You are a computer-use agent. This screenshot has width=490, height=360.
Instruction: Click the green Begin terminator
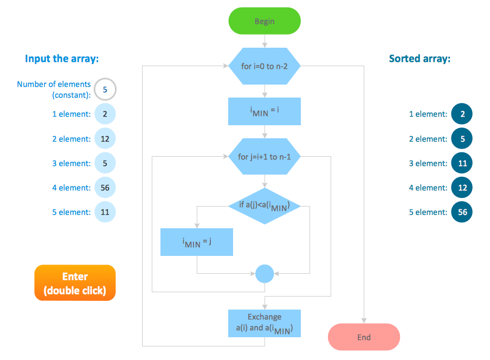[x=265, y=22]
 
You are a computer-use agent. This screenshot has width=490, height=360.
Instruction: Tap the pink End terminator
[x=364, y=337]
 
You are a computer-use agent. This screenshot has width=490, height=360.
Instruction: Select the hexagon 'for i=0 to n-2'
[x=265, y=67]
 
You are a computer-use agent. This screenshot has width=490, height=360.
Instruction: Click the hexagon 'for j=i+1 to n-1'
[x=265, y=157]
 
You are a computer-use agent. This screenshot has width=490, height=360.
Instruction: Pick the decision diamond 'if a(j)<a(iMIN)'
[x=265, y=205]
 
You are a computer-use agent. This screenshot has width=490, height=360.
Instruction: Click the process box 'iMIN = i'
[x=265, y=111]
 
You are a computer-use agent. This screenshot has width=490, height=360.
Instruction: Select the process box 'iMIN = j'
[x=197, y=242]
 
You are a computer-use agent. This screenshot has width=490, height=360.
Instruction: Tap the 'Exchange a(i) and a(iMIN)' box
[x=265, y=323]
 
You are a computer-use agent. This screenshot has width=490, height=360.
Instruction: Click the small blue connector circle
[x=265, y=273]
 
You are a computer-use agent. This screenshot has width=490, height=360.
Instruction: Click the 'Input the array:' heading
[x=62, y=59]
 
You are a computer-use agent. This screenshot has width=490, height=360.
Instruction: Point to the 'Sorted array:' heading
[x=420, y=59]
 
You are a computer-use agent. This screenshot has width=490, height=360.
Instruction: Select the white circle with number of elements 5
[x=105, y=89]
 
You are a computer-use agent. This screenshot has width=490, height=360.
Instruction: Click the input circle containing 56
[x=105, y=188]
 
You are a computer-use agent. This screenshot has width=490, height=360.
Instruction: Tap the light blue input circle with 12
[x=105, y=139]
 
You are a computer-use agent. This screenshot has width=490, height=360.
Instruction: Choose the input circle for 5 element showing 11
[x=105, y=212]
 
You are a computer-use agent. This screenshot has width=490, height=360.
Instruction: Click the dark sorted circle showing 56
[x=462, y=212]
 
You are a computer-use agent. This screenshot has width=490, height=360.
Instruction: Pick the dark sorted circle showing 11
[x=462, y=163]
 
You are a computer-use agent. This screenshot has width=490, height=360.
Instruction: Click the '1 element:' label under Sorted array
[x=428, y=114]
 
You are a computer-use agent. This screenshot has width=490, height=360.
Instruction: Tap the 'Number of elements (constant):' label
[x=54, y=89]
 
